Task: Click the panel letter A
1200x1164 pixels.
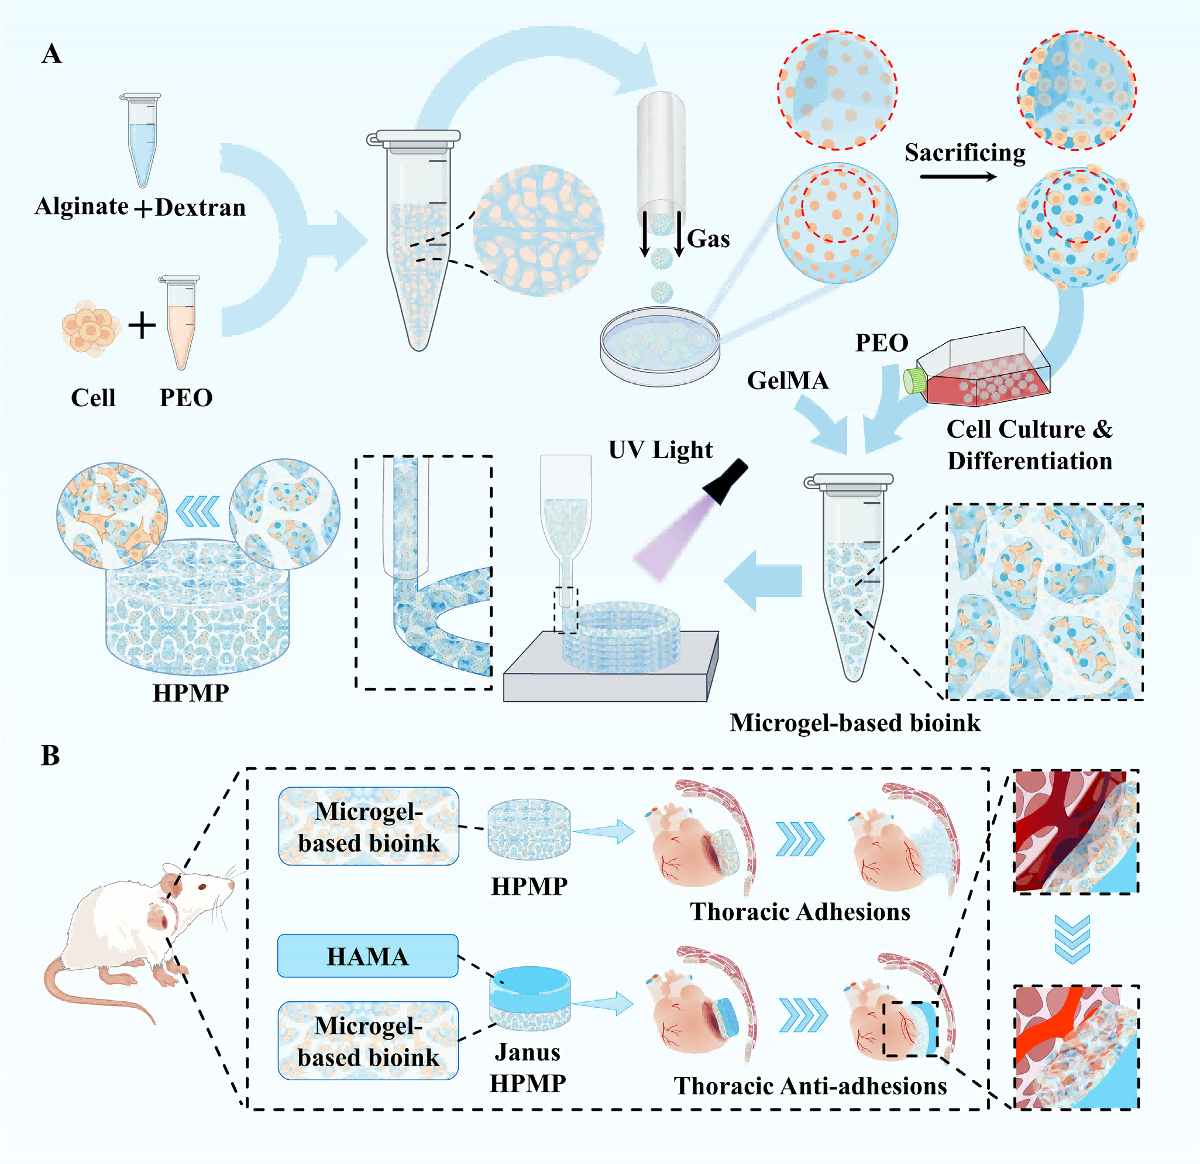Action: pos(51,54)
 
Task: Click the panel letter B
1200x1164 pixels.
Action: pos(50,755)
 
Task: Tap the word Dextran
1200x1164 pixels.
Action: pos(200,208)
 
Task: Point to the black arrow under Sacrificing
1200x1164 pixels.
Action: pos(958,177)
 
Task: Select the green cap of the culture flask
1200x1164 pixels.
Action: pos(914,380)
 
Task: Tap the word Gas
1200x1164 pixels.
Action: pos(709,239)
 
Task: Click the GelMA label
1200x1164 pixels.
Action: pos(788,380)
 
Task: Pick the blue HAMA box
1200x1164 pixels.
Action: pos(367,956)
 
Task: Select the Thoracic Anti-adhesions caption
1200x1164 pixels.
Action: pos(810,1086)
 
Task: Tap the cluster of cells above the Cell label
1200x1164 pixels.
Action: pos(91,328)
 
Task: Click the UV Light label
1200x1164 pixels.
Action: pos(660,450)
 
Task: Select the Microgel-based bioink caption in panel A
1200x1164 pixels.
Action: pos(855,723)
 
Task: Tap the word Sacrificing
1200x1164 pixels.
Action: pos(965,153)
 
